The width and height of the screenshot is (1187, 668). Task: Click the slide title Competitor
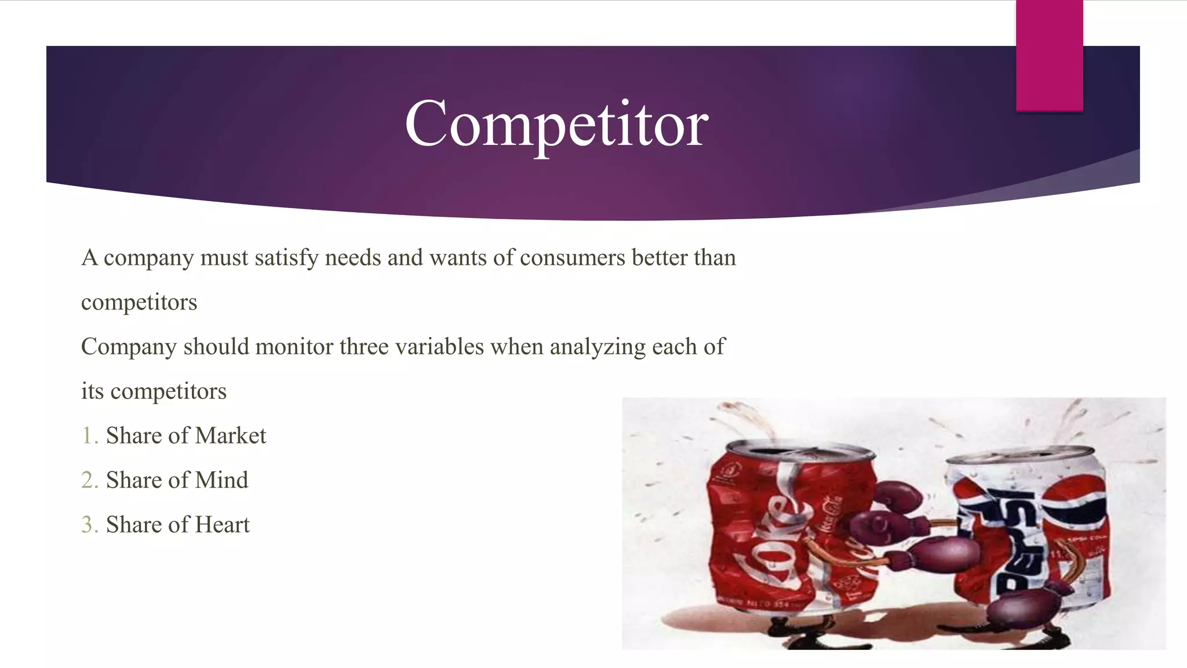coord(556,124)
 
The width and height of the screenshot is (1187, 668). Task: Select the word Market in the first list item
coord(231,435)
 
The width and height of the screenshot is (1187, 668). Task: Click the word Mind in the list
coord(221,480)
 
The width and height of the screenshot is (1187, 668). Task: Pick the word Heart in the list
coord(223,525)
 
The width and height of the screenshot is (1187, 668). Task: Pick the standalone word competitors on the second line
coord(139,303)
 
